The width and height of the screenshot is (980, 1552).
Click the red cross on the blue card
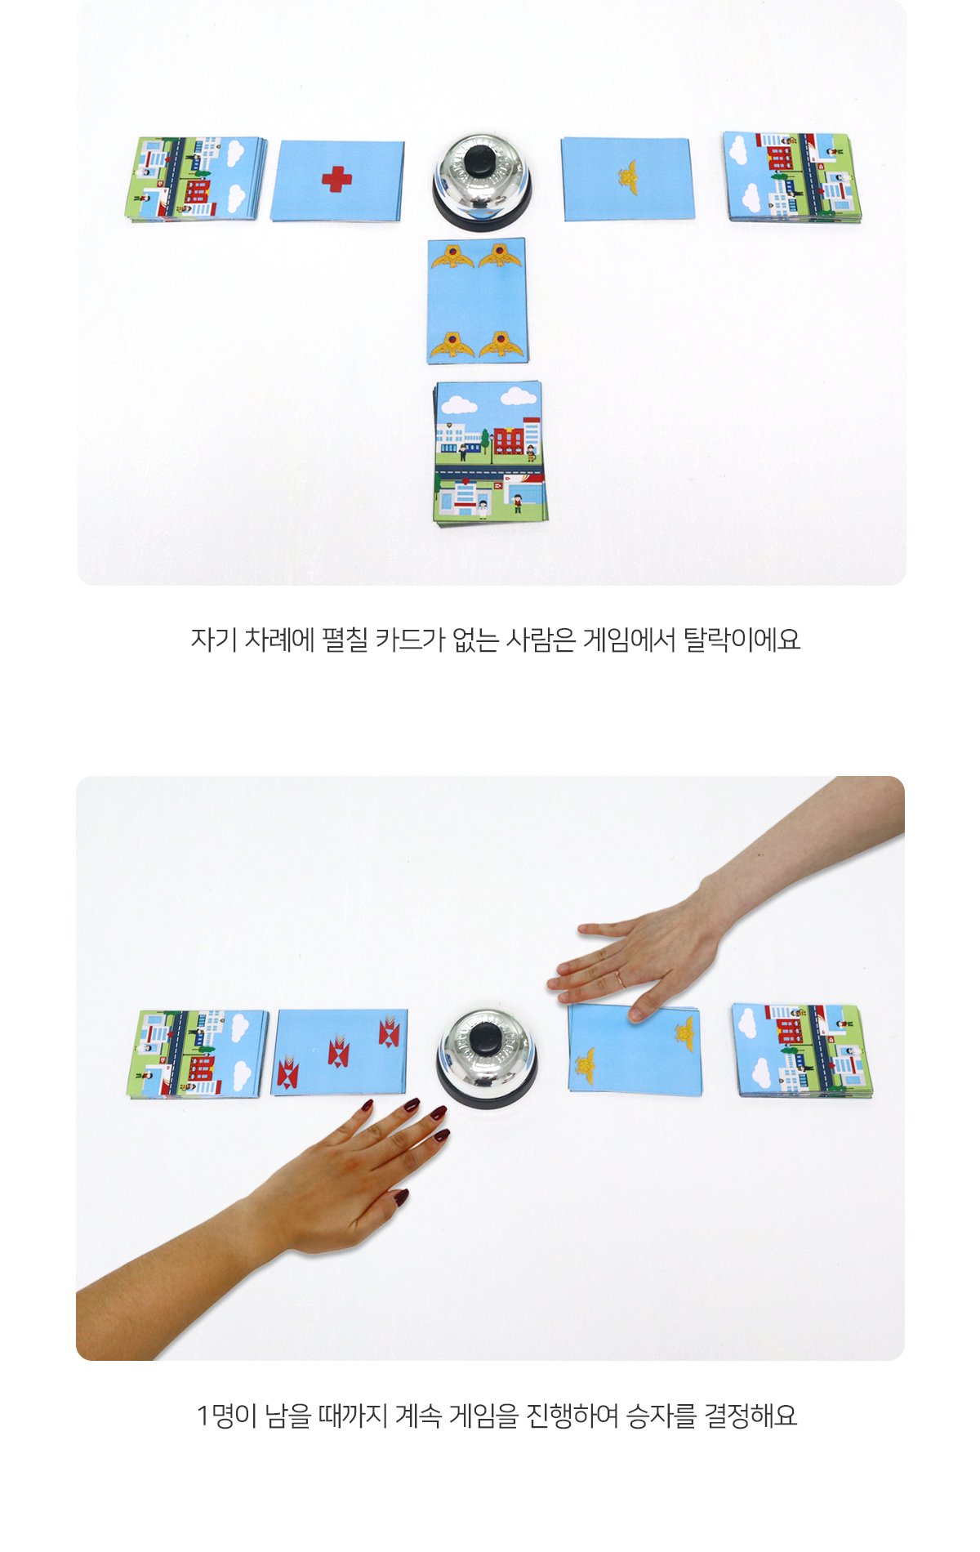click(336, 179)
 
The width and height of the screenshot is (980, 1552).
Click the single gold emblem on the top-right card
click(627, 172)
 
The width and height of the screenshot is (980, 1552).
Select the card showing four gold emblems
click(477, 301)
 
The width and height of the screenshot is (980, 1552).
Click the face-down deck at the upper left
click(196, 180)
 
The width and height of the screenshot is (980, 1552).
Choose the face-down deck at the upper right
click(792, 177)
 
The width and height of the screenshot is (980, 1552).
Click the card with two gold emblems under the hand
click(635, 1050)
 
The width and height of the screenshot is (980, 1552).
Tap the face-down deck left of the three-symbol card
click(198, 1054)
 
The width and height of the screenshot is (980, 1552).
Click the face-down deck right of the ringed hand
click(802, 1050)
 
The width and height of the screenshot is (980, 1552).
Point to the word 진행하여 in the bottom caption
click(572, 1415)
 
